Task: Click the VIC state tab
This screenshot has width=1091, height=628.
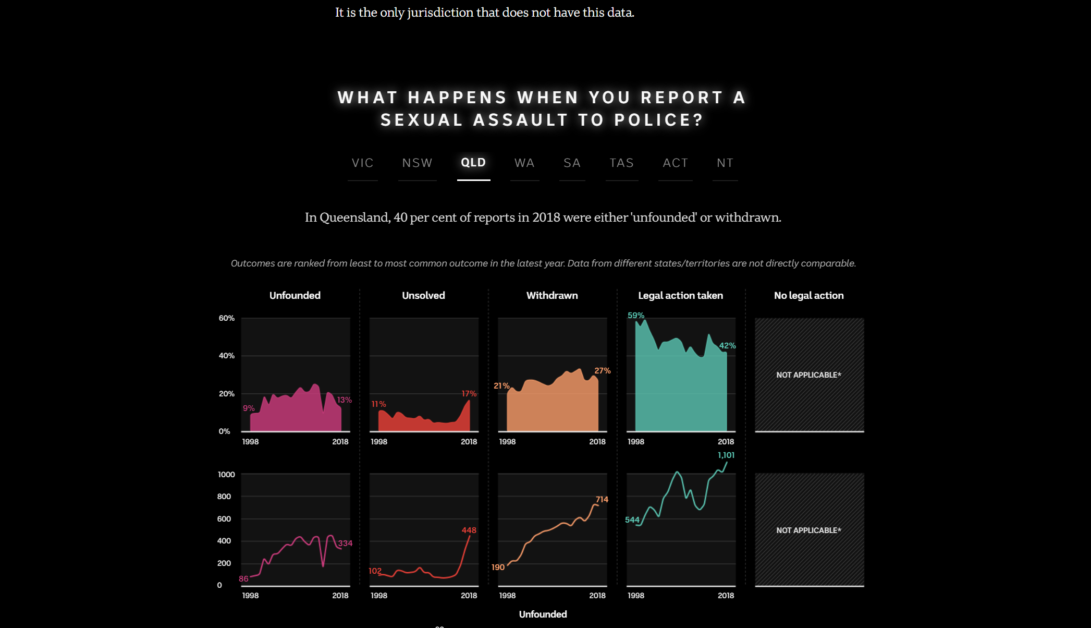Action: (362, 163)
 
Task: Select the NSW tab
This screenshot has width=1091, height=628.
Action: (417, 163)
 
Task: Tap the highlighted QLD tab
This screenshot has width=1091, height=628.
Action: (473, 163)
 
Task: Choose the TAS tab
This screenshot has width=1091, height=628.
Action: (621, 163)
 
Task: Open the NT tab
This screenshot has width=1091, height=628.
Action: (725, 163)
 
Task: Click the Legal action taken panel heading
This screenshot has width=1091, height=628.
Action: (680, 296)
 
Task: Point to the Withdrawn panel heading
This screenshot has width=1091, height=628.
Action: (552, 296)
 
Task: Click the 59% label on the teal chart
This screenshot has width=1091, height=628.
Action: (635, 316)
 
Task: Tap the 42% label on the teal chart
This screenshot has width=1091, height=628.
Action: (727, 346)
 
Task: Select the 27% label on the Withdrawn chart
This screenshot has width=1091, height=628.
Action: (602, 371)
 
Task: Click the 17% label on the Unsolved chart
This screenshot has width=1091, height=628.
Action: (469, 394)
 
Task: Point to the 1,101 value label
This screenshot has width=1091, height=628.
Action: (726, 455)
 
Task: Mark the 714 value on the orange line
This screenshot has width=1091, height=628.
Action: (602, 500)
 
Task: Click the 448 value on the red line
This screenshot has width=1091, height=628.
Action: (469, 530)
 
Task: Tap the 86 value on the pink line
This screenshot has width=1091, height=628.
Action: (243, 579)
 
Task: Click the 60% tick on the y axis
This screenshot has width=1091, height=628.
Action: (226, 318)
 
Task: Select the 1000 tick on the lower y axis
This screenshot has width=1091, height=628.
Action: (226, 475)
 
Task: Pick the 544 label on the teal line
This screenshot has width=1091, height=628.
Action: (632, 520)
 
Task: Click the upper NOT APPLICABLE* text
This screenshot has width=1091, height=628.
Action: (808, 375)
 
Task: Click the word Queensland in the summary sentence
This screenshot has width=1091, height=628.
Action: (354, 218)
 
